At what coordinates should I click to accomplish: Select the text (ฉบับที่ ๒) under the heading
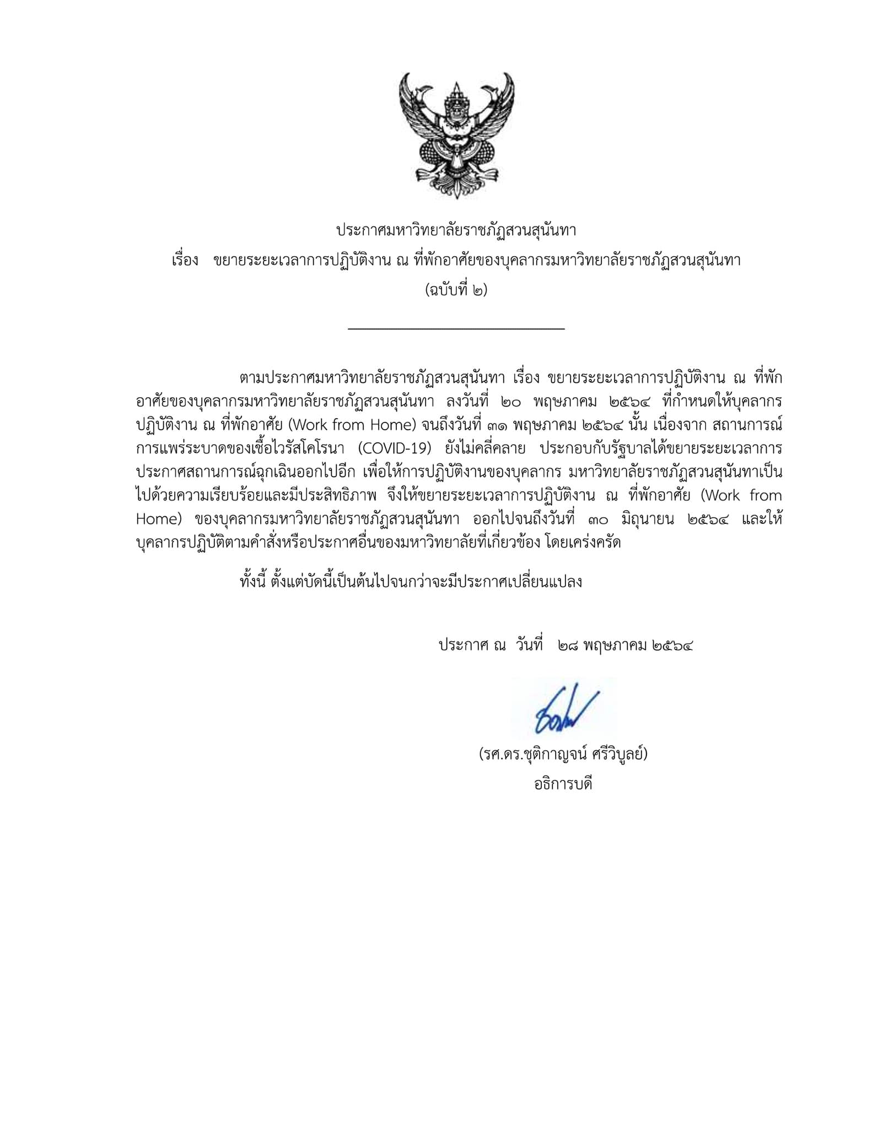tap(456, 289)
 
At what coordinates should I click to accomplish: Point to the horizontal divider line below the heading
tap(456, 329)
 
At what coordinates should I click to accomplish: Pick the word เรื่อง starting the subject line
tap(185, 261)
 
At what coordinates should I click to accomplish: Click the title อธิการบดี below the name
tap(563, 784)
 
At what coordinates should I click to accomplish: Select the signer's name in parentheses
tap(563, 754)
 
